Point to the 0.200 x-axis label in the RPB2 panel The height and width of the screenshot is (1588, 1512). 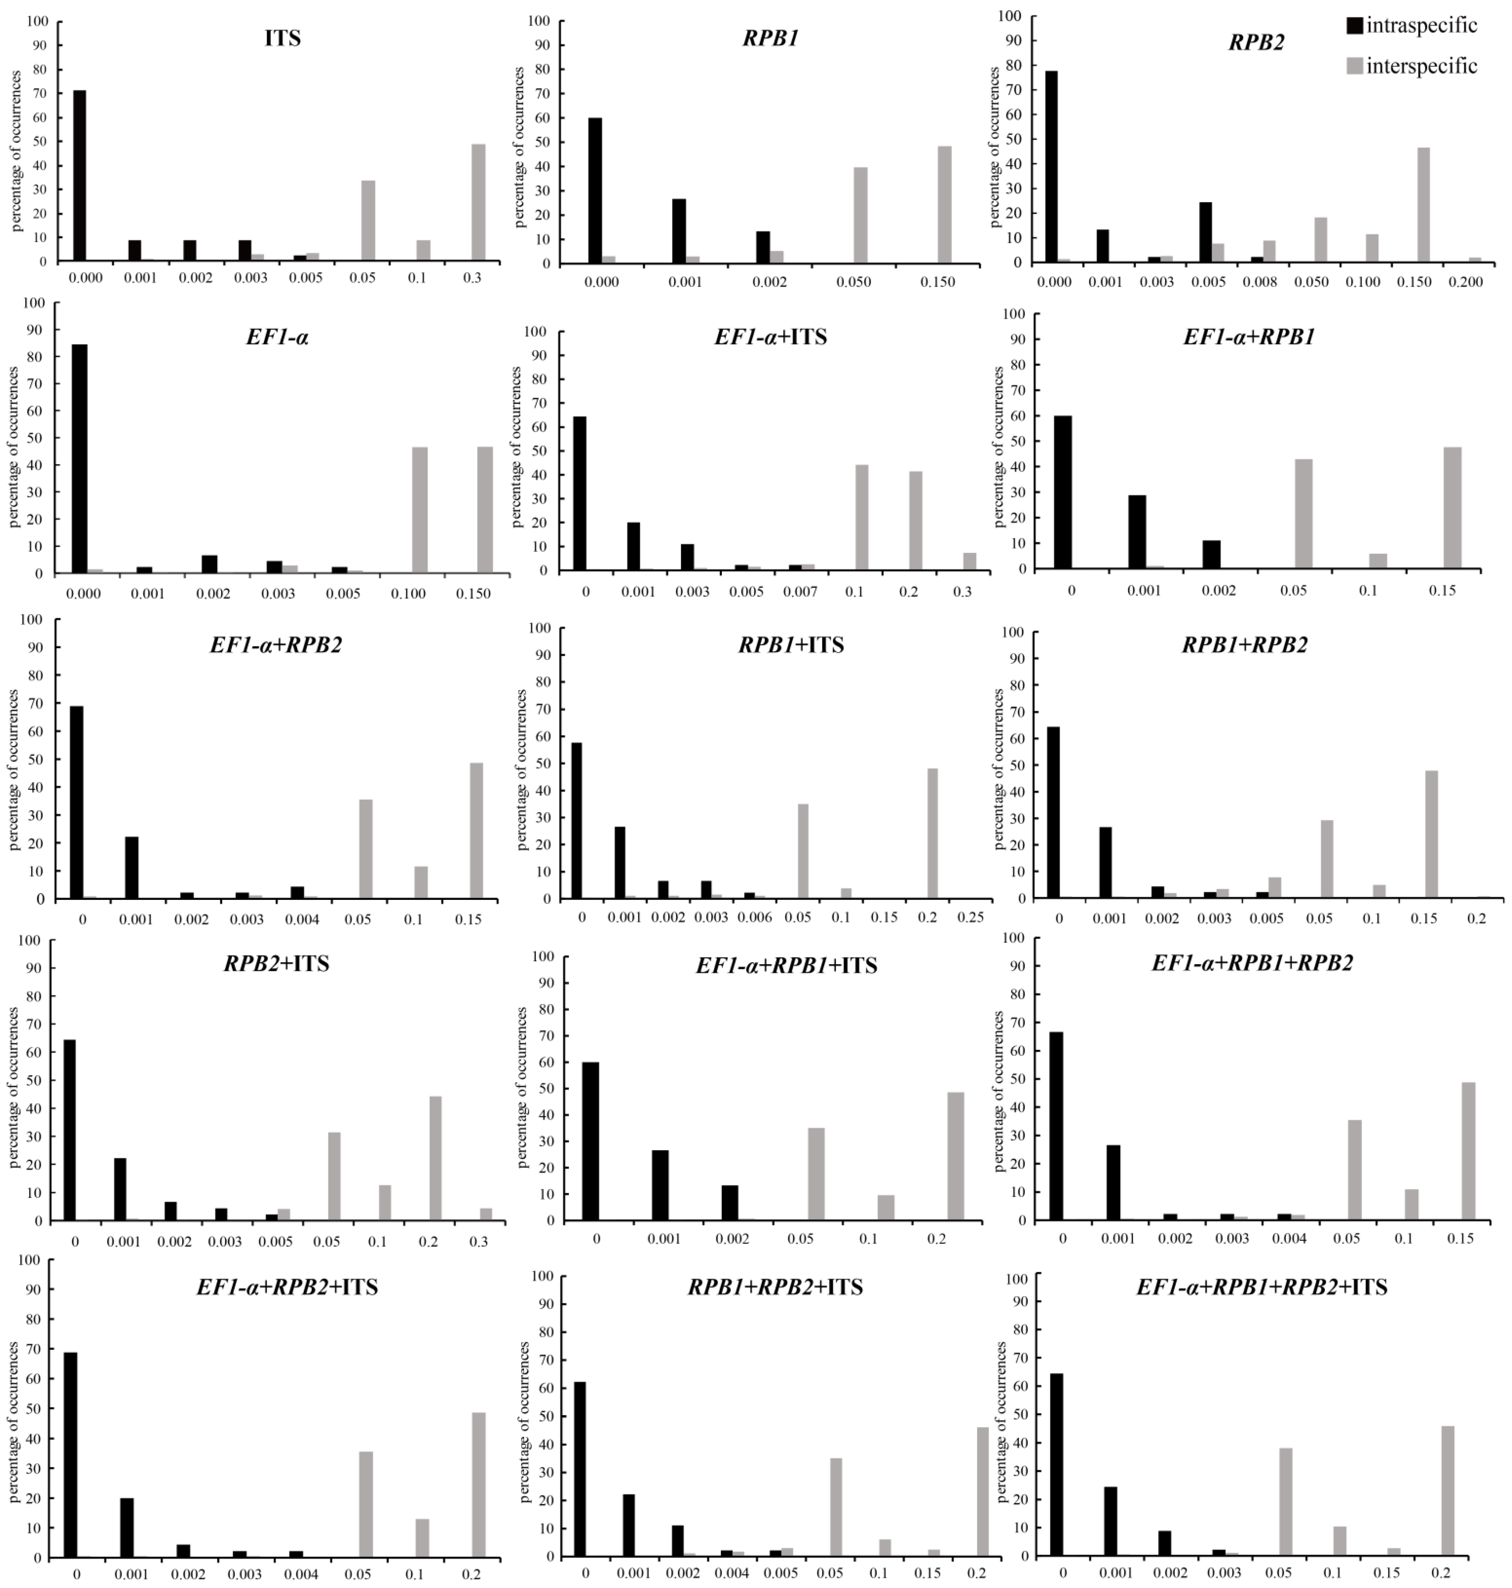(1465, 282)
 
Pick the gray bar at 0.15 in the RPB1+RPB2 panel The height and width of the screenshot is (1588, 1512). (1431, 834)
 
